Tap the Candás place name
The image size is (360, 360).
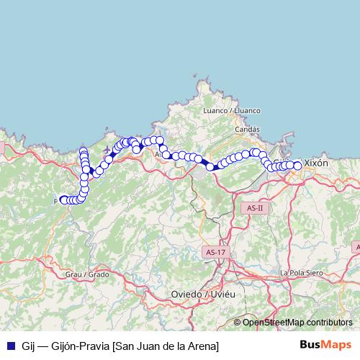[x=247, y=130]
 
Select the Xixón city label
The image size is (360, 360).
[x=316, y=163]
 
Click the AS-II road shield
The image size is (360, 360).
[x=255, y=208]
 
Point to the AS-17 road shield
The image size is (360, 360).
[x=215, y=252]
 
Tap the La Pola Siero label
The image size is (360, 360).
[x=300, y=272]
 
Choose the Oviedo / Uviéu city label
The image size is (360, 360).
[x=204, y=294]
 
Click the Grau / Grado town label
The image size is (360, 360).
[x=86, y=274]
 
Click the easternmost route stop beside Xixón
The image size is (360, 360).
[x=297, y=166]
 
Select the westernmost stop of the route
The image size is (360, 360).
[x=63, y=199]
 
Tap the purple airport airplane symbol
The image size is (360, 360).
[x=107, y=149]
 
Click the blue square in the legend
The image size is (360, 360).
[x=10, y=346]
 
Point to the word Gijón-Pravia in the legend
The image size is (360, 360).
[x=78, y=346]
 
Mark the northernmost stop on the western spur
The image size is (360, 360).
[x=84, y=150]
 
